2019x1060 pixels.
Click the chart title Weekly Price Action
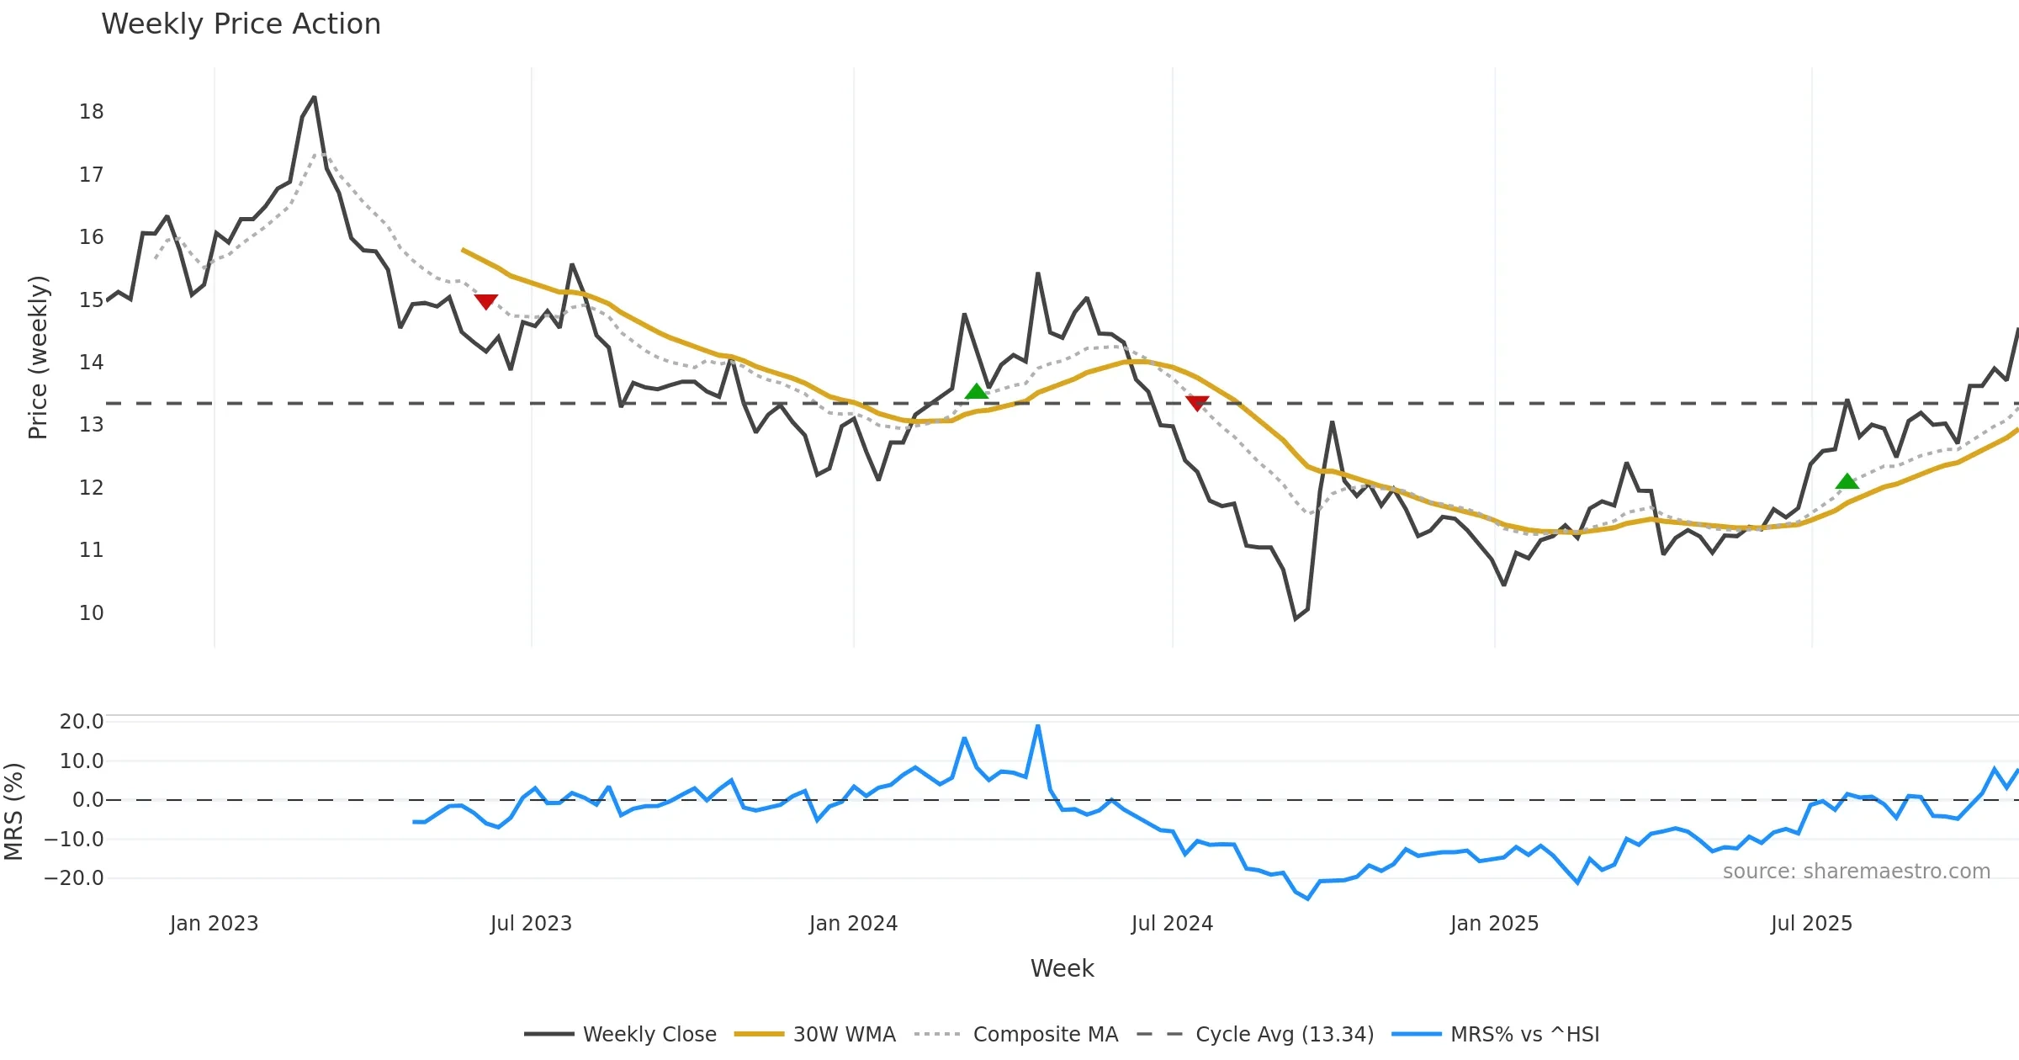(241, 24)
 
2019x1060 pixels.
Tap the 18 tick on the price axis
(91, 112)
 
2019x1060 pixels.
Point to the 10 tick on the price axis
(91, 613)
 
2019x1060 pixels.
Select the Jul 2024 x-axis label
(1172, 924)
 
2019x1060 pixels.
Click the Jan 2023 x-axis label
(214, 924)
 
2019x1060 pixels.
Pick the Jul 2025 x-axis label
(1811, 924)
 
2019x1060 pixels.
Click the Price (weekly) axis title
(39, 358)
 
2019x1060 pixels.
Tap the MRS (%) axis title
(14, 812)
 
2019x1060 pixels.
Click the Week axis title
(1062, 969)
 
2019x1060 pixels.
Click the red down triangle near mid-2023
(486, 301)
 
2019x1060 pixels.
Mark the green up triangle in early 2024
(976, 391)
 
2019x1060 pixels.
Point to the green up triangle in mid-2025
(1847, 481)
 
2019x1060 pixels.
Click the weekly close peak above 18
(315, 98)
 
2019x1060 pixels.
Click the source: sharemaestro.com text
(1856, 872)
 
